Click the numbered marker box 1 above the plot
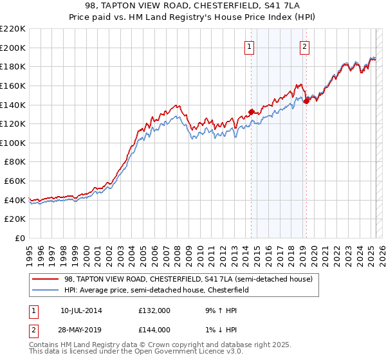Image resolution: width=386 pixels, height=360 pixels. tap(249, 46)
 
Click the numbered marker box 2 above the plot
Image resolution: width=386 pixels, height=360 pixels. tap(304, 46)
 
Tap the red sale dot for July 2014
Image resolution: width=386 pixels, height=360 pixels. tap(251, 113)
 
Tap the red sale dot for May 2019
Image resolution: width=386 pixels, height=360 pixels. tap(306, 101)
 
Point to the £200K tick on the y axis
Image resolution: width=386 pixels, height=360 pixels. tap(14, 48)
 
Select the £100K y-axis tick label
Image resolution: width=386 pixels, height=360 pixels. tap(14, 143)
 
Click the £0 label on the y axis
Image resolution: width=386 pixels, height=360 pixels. tap(19, 239)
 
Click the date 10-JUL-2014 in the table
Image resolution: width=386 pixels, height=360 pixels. tap(81, 310)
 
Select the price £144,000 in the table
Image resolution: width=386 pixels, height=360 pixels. tap(154, 329)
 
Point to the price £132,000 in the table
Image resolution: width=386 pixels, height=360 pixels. tap(154, 310)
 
